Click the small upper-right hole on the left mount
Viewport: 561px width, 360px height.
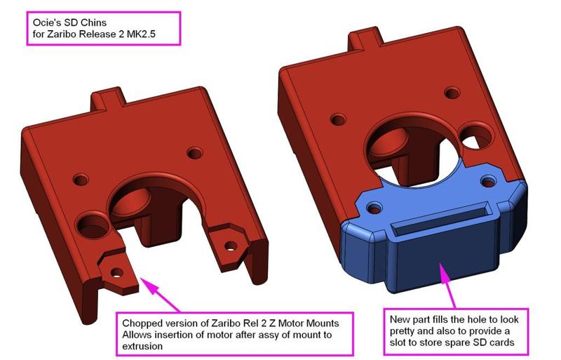[x=194, y=152]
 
